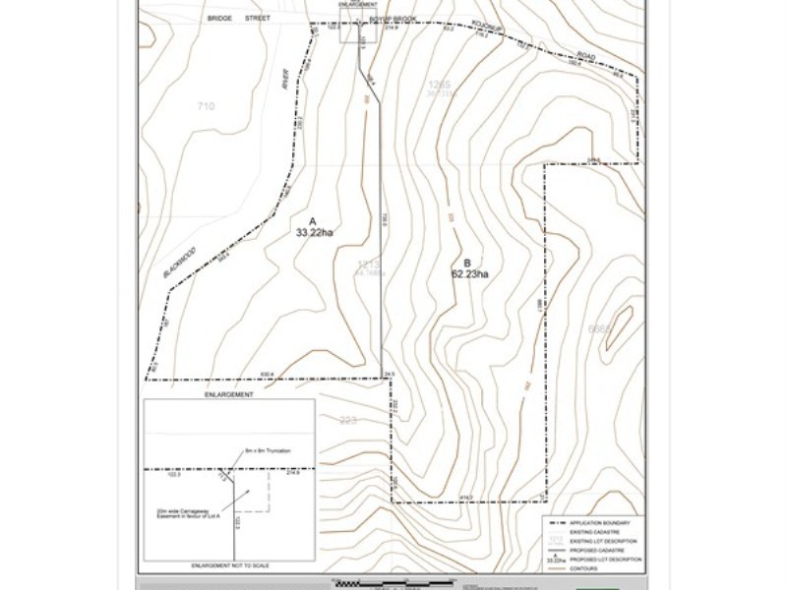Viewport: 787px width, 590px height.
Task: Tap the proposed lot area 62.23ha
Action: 469,274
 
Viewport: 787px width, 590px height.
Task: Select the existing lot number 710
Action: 206,106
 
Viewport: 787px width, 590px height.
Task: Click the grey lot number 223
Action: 346,421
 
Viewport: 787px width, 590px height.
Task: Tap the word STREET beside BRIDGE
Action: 259,18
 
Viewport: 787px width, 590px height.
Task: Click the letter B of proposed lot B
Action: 466,263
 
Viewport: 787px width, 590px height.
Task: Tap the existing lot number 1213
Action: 368,265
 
